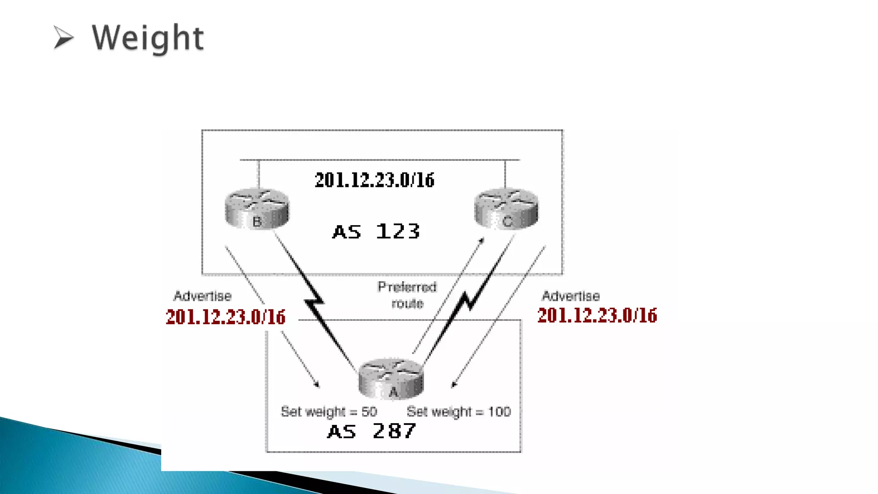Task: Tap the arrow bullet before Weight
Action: coord(63,37)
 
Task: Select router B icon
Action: coord(257,208)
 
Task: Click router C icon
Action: coord(506,208)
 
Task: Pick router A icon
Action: coord(391,379)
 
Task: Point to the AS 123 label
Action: coord(376,232)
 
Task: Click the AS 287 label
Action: coord(371,431)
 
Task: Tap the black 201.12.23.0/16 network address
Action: coord(374,180)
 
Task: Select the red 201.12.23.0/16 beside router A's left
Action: coord(226,317)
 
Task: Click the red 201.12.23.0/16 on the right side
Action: coord(597,315)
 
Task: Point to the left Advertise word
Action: coord(202,296)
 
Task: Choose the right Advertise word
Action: coord(571,296)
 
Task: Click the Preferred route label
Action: coord(407,295)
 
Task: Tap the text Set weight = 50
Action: coord(329,412)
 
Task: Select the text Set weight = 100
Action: coord(458,412)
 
